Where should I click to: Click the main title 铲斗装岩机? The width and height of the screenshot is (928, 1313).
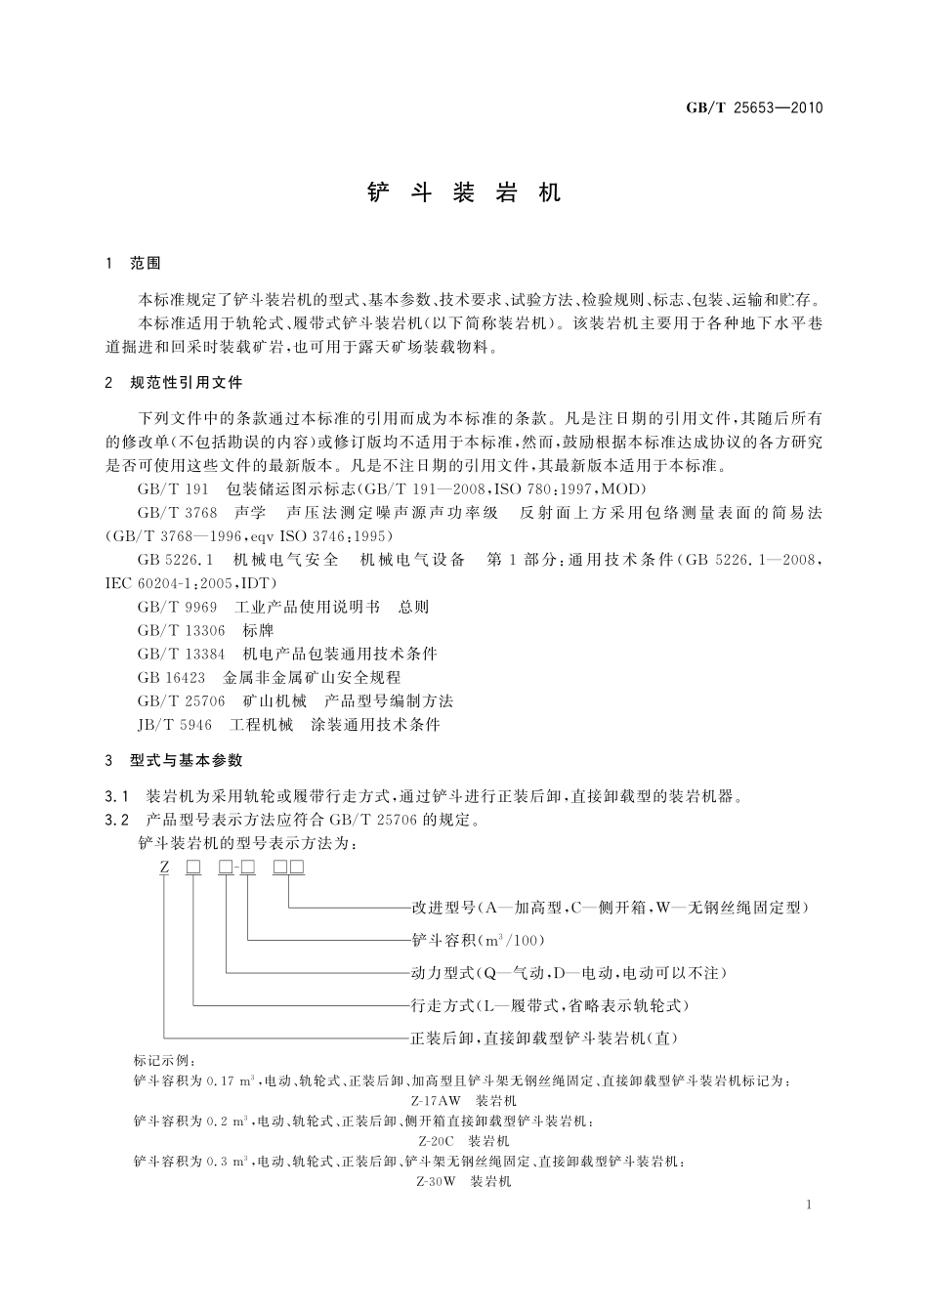(464, 192)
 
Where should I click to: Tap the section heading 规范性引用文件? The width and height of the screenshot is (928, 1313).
(186, 384)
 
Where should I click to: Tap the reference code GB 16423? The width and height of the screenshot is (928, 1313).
(171, 678)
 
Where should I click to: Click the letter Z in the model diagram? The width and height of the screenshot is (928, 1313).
(165, 868)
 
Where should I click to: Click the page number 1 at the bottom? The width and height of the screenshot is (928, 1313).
(810, 1206)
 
